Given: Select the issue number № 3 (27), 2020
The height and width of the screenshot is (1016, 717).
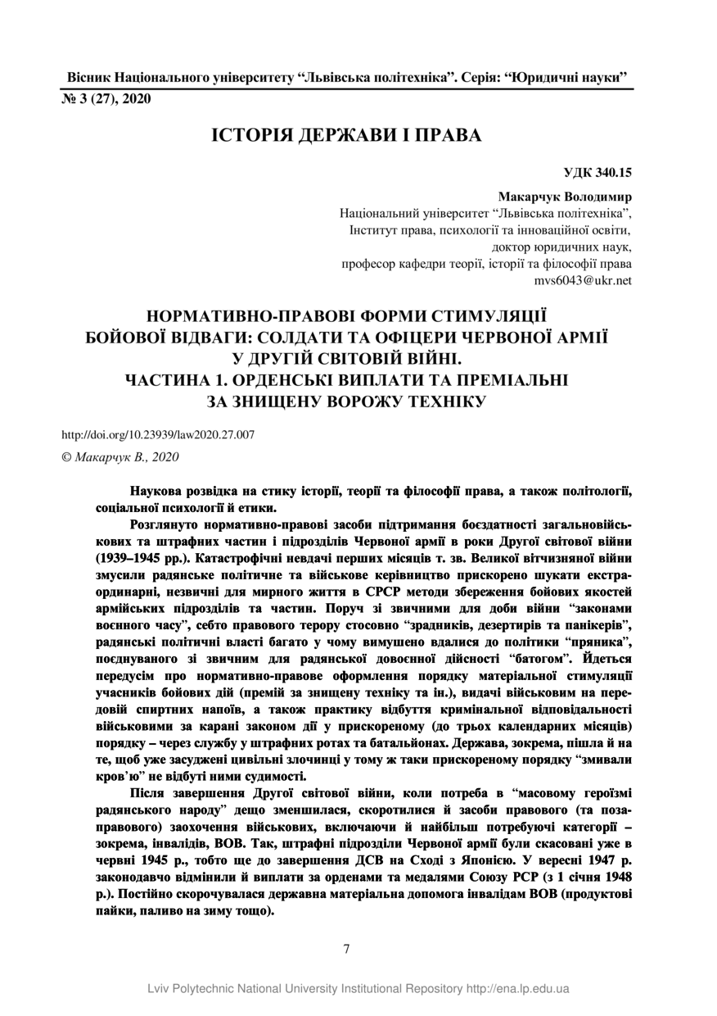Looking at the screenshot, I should pyautogui.click(x=106, y=99).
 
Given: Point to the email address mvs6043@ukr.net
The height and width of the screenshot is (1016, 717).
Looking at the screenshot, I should pyautogui.click(x=583, y=280).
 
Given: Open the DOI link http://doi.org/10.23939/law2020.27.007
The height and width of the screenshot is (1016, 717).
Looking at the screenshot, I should pyautogui.click(x=158, y=435).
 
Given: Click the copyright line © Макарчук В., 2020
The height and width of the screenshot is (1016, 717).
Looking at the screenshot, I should pyautogui.click(x=120, y=457).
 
